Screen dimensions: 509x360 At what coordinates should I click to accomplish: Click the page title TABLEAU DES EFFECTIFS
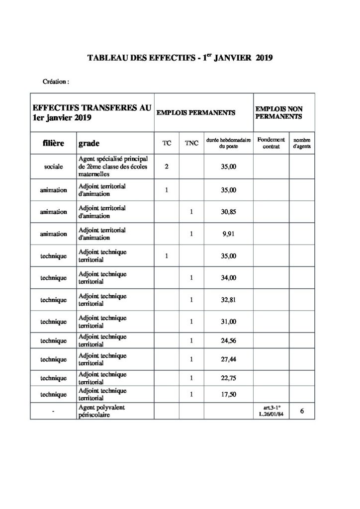tap(180, 58)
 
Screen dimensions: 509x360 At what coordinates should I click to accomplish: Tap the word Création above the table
tap(55, 81)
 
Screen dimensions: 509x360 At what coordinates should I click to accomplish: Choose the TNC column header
tap(191, 143)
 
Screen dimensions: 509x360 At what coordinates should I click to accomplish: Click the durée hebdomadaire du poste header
tap(229, 143)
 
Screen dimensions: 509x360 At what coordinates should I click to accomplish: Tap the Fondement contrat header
tap(271, 143)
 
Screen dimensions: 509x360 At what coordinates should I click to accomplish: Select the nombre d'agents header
tap(301, 143)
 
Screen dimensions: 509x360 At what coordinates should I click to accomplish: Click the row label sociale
tap(54, 167)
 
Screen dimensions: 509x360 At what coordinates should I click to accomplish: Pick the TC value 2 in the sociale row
tap(167, 167)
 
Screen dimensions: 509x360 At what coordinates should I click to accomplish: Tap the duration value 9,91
tap(229, 234)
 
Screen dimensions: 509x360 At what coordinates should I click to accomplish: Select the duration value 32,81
tap(229, 300)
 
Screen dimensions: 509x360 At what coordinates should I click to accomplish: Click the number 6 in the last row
tap(302, 411)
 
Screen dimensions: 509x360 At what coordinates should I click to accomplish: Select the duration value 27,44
tap(229, 358)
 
